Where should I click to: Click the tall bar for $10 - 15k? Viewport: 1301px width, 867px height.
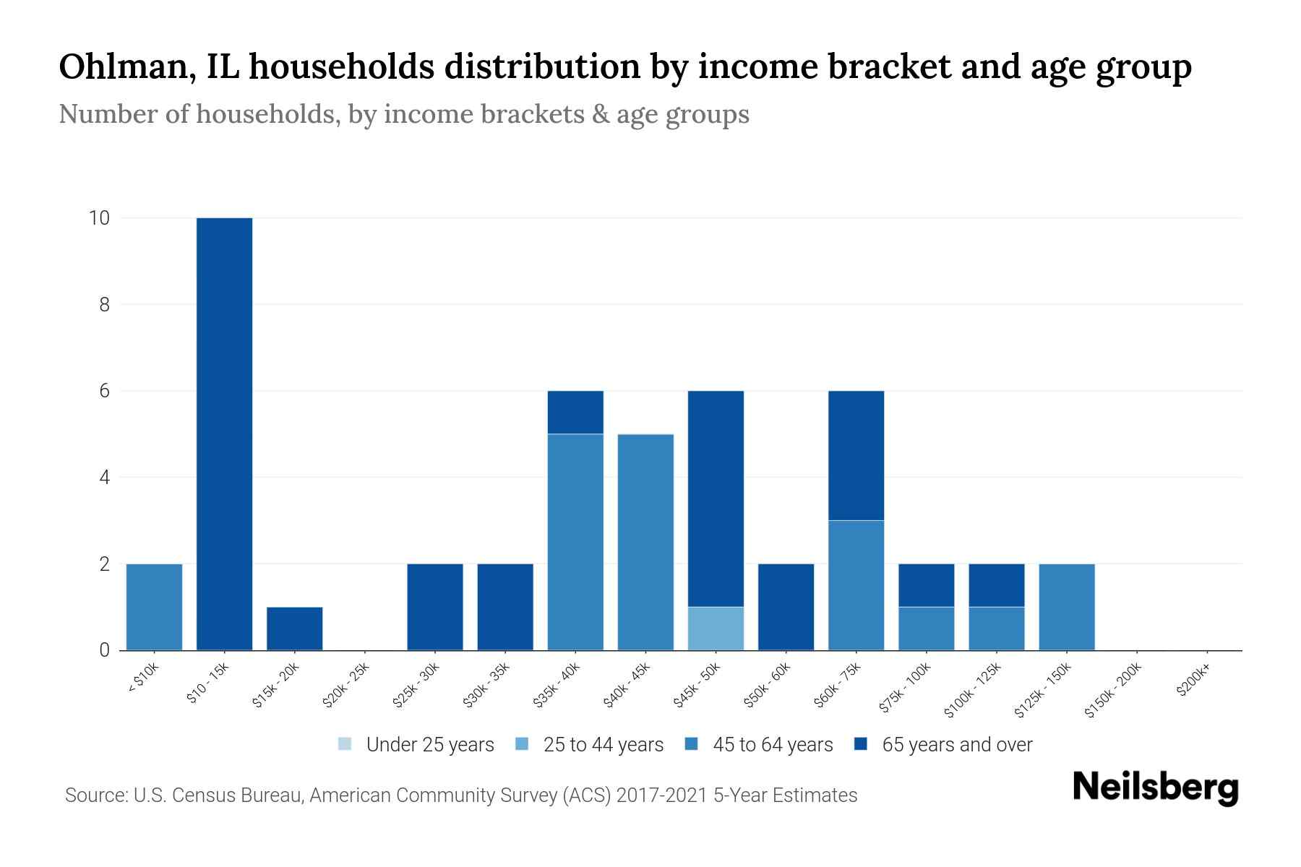coord(224,433)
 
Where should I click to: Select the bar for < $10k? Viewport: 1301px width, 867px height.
coord(154,607)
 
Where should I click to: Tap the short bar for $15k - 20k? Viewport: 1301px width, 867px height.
coord(294,629)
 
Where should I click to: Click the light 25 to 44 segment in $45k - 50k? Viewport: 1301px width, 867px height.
coord(716,629)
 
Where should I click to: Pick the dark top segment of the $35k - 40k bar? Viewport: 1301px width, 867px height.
coord(575,412)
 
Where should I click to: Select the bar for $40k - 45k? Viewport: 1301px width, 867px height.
coord(645,542)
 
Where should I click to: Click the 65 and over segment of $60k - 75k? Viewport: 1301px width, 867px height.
coord(856,455)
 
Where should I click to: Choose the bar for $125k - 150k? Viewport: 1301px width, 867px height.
coord(1066,607)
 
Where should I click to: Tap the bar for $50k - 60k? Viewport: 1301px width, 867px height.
coord(786,607)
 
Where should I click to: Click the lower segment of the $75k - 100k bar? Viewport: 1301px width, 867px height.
coord(926,629)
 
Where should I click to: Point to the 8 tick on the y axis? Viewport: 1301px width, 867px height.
coord(105,305)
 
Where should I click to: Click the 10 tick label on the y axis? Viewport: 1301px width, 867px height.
coord(99,218)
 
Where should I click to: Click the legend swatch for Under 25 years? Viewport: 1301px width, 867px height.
coord(345,744)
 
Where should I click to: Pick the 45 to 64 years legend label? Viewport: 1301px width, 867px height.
coord(772,745)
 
